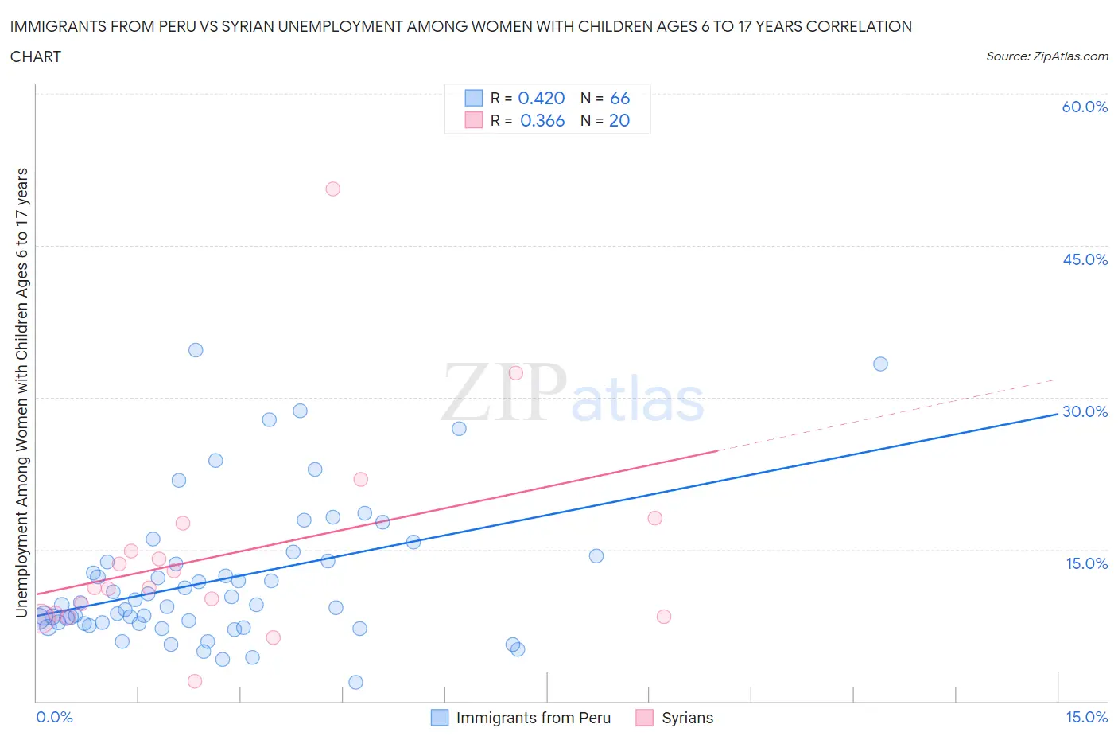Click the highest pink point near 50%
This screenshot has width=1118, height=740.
point(332,189)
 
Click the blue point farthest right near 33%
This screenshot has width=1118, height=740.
point(880,364)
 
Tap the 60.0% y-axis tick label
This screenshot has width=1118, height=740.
point(1085,107)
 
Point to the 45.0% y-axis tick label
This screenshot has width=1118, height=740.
point(1085,259)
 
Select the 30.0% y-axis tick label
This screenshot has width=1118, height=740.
point(1085,411)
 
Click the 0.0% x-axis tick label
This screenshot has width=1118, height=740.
point(54,717)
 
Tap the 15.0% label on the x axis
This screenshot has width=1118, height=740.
point(1086,717)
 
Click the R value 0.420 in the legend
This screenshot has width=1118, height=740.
point(541,98)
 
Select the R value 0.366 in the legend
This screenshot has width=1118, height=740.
point(542,120)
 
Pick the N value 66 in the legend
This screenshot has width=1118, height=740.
point(619,98)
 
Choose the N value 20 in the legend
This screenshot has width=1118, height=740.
point(619,120)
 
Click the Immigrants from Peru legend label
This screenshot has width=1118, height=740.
point(533,718)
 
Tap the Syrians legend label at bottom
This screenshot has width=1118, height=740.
point(687,718)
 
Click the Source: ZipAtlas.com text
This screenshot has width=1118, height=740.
point(1046,56)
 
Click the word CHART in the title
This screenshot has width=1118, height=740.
point(36,56)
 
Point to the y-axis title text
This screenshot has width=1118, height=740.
point(22,392)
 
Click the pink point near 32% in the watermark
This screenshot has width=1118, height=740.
point(515,372)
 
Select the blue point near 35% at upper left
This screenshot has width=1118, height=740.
point(196,350)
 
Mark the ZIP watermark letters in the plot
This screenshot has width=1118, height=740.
point(503,391)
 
